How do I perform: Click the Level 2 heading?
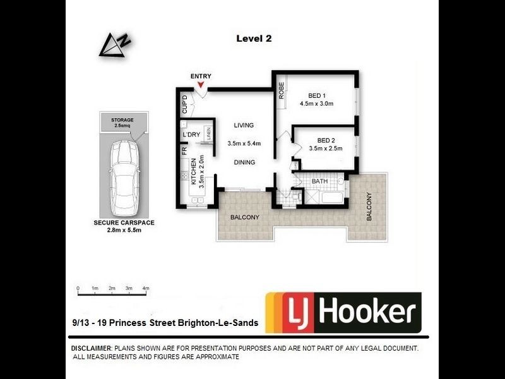pyautogui.click(x=254, y=39)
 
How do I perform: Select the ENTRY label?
pyautogui.click(x=201, y=76)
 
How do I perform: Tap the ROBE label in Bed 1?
pyautogui.click(x=281, y=91)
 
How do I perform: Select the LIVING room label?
pyautogui.click(x=244, y=125)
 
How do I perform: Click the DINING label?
pyautogui.click(x=244, y=162)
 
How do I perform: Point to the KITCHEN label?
pyautogui.click(x=194, y=171)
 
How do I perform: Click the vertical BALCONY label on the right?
pyautogui.click(x=371, y=207)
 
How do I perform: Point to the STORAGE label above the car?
pyautogui.click(x=122, y=119)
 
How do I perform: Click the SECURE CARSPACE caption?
pyautogui.click(x=124, y=222)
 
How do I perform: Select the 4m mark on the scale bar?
pyautogui.click(x=146, y=289)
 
